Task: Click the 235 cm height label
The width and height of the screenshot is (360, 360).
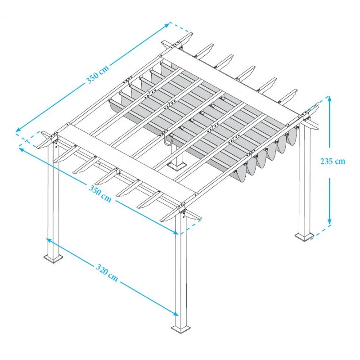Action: pos(333,161)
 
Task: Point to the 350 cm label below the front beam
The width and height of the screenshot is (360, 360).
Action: pos(99,192)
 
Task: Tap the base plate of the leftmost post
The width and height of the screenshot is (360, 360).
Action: pos(54,259)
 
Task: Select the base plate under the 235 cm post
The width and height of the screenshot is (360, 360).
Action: pos(305,235)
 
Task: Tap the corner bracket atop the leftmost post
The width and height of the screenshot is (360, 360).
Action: pos(54,139)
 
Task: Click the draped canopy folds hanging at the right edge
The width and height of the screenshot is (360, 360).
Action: pos(265,155)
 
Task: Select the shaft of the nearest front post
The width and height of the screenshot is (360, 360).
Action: pos(181,270)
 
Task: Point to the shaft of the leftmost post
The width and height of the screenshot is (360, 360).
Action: pos(53,202)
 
